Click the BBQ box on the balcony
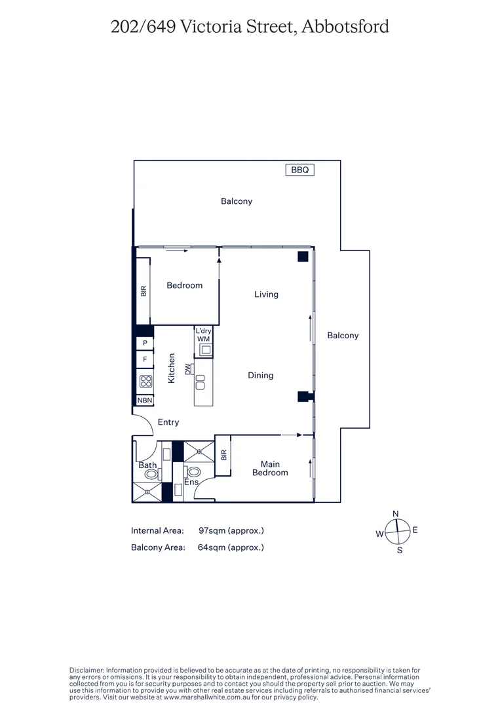[x=299, y=170]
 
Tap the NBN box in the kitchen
[x=145, y=401]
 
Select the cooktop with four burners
[x=145, y=380]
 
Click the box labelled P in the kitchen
[x=145, y=343]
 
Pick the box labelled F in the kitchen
[x=145, y=359]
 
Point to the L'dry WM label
[x=204, y=335]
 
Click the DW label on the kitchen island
[x=189, y=370]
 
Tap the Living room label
[x=266, y=294]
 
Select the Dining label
[x=260, y=376]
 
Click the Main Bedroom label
[x=270, y=468]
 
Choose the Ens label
[x=191, y=482]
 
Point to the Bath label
[x=147, y=465]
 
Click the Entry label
[x=168, y=422]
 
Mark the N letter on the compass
[x=395, y=513]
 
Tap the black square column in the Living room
[x=303, y=257]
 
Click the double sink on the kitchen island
[x=200, y=379]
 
